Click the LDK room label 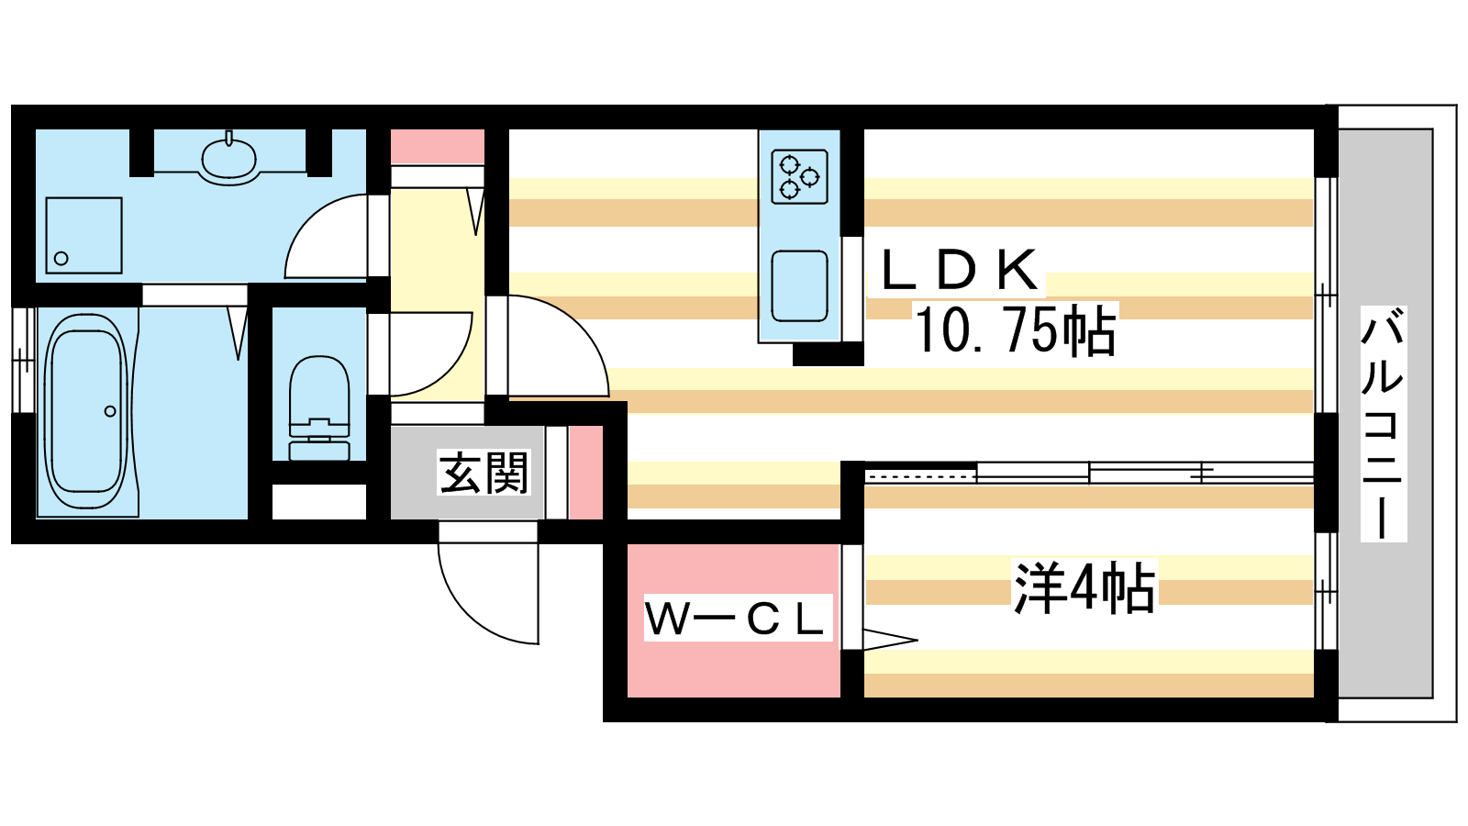click(x=960, y=270)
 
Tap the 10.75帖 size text click(x=1015, y=330)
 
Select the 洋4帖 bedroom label click(x=1084, y=587)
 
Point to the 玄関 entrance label click(x=484, y=474)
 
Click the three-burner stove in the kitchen click(x=799, y=176)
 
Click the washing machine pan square click(x=83, y=235)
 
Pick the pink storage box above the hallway click(x=438, y=146)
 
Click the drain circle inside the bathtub click(x=110, y=411)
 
